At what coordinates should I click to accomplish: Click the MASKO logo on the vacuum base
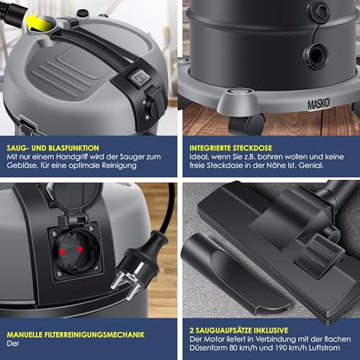319,104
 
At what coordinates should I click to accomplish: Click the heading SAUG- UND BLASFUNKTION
53,148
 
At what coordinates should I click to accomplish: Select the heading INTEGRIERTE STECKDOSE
231,148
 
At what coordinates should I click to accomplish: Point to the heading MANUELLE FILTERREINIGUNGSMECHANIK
76,335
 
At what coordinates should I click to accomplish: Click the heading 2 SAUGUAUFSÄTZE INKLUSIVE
239,330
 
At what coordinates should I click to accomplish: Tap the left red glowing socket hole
63,252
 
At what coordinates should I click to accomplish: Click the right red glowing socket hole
80,250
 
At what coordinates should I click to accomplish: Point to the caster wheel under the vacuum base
247,125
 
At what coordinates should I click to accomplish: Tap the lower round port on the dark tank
315,55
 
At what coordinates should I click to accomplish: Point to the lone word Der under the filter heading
13,343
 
